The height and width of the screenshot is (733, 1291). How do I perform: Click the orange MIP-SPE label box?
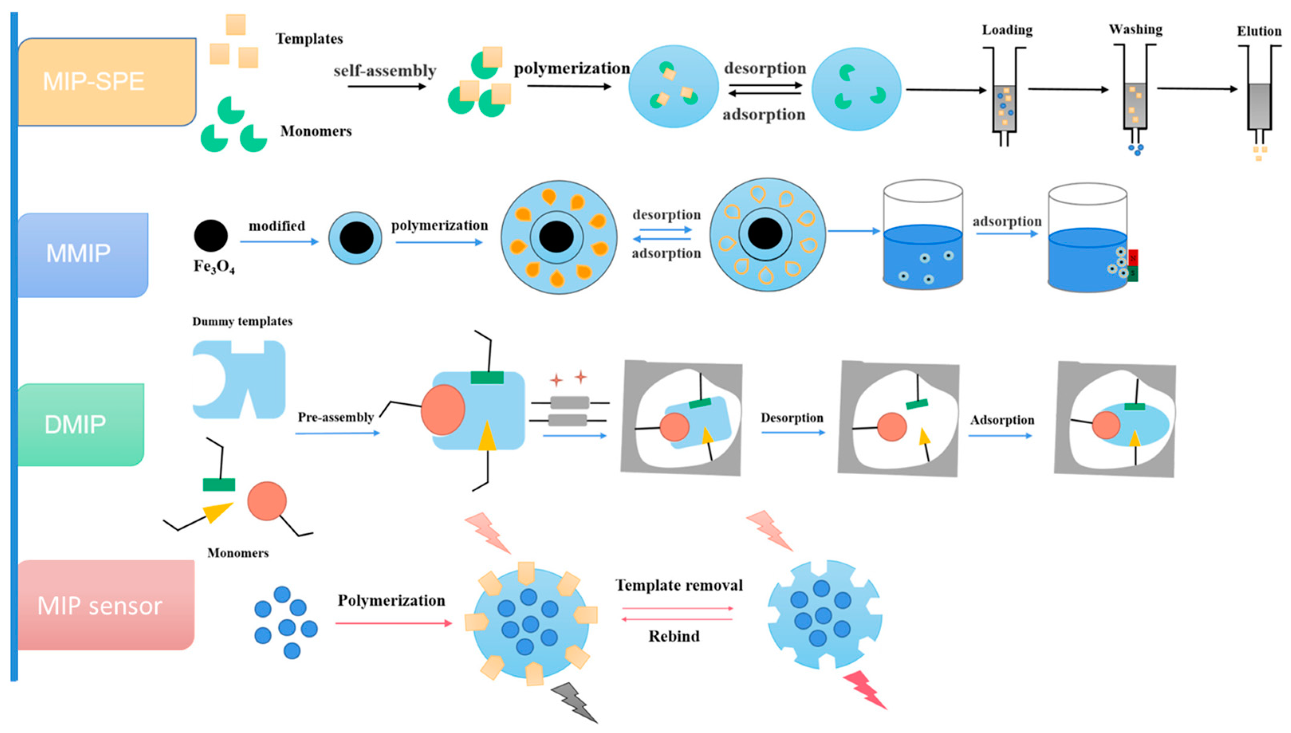(106, 82)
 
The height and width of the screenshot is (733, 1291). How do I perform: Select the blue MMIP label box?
(82, 255)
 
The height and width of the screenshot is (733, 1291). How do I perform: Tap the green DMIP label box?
(80, 424)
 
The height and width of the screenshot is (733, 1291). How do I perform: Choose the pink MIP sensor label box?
(105, 605)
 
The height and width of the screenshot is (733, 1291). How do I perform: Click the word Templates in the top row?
(309, 39)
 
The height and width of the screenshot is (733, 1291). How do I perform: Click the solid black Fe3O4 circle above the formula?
(211, 236)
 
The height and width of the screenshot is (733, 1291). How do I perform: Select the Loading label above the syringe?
(1007, 30)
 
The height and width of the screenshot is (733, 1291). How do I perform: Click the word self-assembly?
(385, 71)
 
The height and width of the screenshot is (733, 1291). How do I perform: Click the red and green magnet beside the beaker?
(1133, 265)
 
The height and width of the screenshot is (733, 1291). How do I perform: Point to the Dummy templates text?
(242, 321)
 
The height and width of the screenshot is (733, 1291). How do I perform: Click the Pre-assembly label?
(335, 417)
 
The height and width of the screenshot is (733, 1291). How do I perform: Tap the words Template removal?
(679, 586)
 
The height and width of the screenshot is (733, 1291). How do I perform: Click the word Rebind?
(674, 636)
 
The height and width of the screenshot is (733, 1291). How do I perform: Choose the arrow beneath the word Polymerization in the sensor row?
(393, 623)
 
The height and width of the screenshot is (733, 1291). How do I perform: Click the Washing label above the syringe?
(1136, 30)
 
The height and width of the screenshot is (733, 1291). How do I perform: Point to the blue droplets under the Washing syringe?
(1136, 149)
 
